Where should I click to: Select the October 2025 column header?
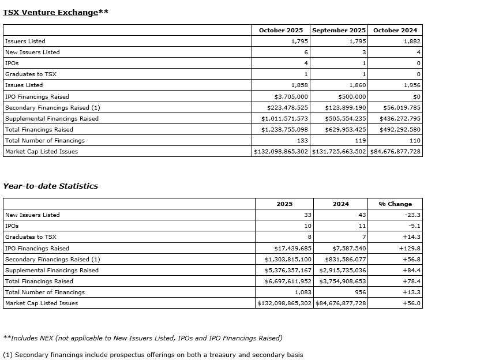tap(280, 30)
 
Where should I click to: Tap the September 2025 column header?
tap(339, 30)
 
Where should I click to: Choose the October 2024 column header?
tap(395, 30)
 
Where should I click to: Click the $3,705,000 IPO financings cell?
tap(291, 96)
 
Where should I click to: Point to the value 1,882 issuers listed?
tap(412, 41)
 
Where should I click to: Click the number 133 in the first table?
tap(302, 140)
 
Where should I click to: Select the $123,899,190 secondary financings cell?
tap(345, 107)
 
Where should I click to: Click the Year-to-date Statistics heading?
tap(50, 186)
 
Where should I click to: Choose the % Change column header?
tap(395, 204)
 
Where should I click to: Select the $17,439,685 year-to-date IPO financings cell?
tap(291, 248)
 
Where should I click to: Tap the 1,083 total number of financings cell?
tap(302, 292)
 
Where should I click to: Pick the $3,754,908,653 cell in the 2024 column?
tap(341, 281)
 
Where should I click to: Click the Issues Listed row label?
tap(24, 85)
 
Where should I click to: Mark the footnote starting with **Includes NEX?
tap(142, 338)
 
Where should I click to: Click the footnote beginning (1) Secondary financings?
tap(153, 355)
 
